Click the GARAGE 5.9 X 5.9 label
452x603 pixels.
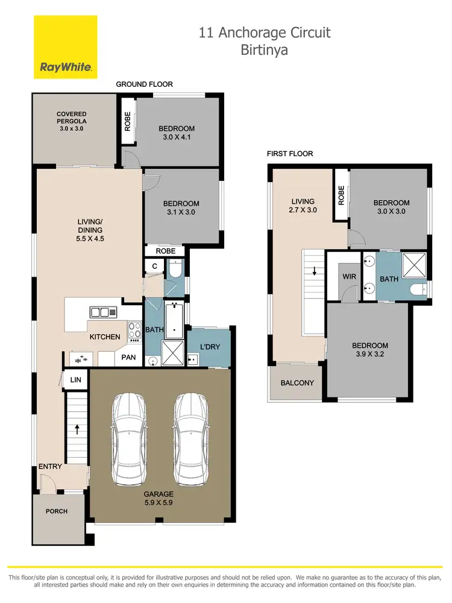[x=159, y=498]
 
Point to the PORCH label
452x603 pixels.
[x=57, y=511]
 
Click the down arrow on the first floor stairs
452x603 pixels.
[x=313, y=272]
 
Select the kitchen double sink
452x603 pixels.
[x=103, y=312]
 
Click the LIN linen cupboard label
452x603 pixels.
[x=75, y=379]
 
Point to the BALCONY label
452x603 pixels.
[x=298, y=383]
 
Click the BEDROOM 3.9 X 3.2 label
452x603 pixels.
[x=370, y=350]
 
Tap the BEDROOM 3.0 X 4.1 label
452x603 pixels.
[x=177, y=133]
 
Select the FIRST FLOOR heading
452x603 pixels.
[x=289, y=154]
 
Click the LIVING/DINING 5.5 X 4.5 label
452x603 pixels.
[x=90, y=230]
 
